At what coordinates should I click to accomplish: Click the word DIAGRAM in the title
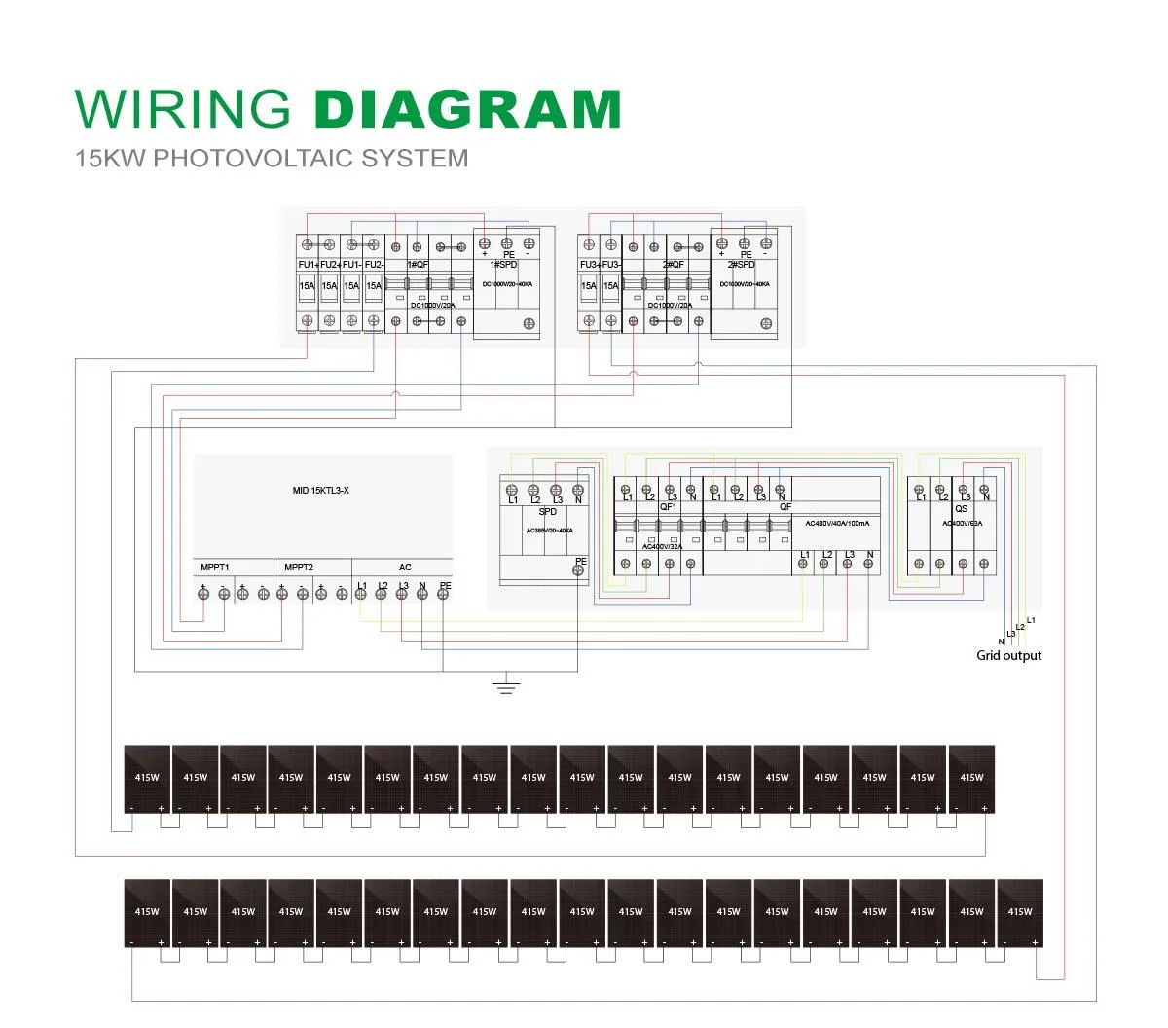(468, 109)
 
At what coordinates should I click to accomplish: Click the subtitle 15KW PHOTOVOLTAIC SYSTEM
(272, 158)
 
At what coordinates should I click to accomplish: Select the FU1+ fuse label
(308, 265)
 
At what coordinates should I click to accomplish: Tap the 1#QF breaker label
(418, 265)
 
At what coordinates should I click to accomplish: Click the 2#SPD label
(742, 265)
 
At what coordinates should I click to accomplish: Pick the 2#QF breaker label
(674, 265)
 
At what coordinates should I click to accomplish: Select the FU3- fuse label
(611, 265)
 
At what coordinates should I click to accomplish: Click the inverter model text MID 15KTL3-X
(320, 491)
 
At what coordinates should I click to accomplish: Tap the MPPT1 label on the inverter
(215, 568)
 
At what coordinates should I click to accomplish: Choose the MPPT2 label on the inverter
(299, 568)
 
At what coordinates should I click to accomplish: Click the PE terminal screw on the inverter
(443, 594)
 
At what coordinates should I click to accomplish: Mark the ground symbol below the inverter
(505, 686)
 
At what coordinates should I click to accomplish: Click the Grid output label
(1008, 656)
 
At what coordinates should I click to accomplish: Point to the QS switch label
(961, 509)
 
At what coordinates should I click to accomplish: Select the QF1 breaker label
(669, 507)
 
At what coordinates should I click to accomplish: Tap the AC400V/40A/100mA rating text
(838, 524)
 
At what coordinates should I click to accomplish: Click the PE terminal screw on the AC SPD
(580, 572)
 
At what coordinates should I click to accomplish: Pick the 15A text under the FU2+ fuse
(329, 286)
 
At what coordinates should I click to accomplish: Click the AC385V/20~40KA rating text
(549, 531)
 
